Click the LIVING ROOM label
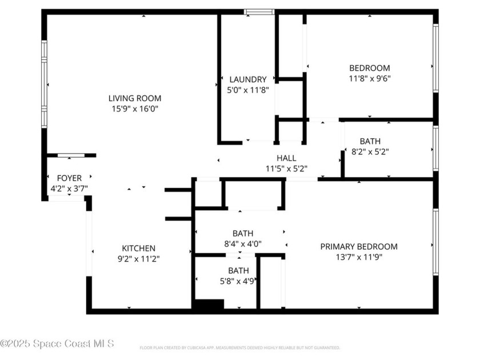pyautogui.click(x=135, y=98)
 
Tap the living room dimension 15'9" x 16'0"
pyautogui.click(x=135, y=109)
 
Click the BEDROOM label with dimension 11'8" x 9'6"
pyautogui.click(x=370, y=68)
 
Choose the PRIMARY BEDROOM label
pyautogui.click(x=358, y=247)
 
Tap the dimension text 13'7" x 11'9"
pyautogui.click(x=358, y=257)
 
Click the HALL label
pyautogui.click(x=286, y=158)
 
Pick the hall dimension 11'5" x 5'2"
pyautogui.click(x=286, y=169)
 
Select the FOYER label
pyautogui.click(x=69, y=178)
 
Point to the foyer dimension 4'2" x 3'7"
pyautogui.click(x=69, y=188)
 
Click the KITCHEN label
pyautogui.click(x=138, y=249)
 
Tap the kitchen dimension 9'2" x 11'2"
pyautogui.click(x=138, y=259)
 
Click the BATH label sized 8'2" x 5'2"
pyautogui.click(x=370, y=141)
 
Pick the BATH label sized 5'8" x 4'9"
pyautogui.click(x=238, y=270)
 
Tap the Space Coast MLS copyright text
pyautogui.click(x=57, y=343)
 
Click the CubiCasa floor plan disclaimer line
pyautogui.click(x=240, y=347)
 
